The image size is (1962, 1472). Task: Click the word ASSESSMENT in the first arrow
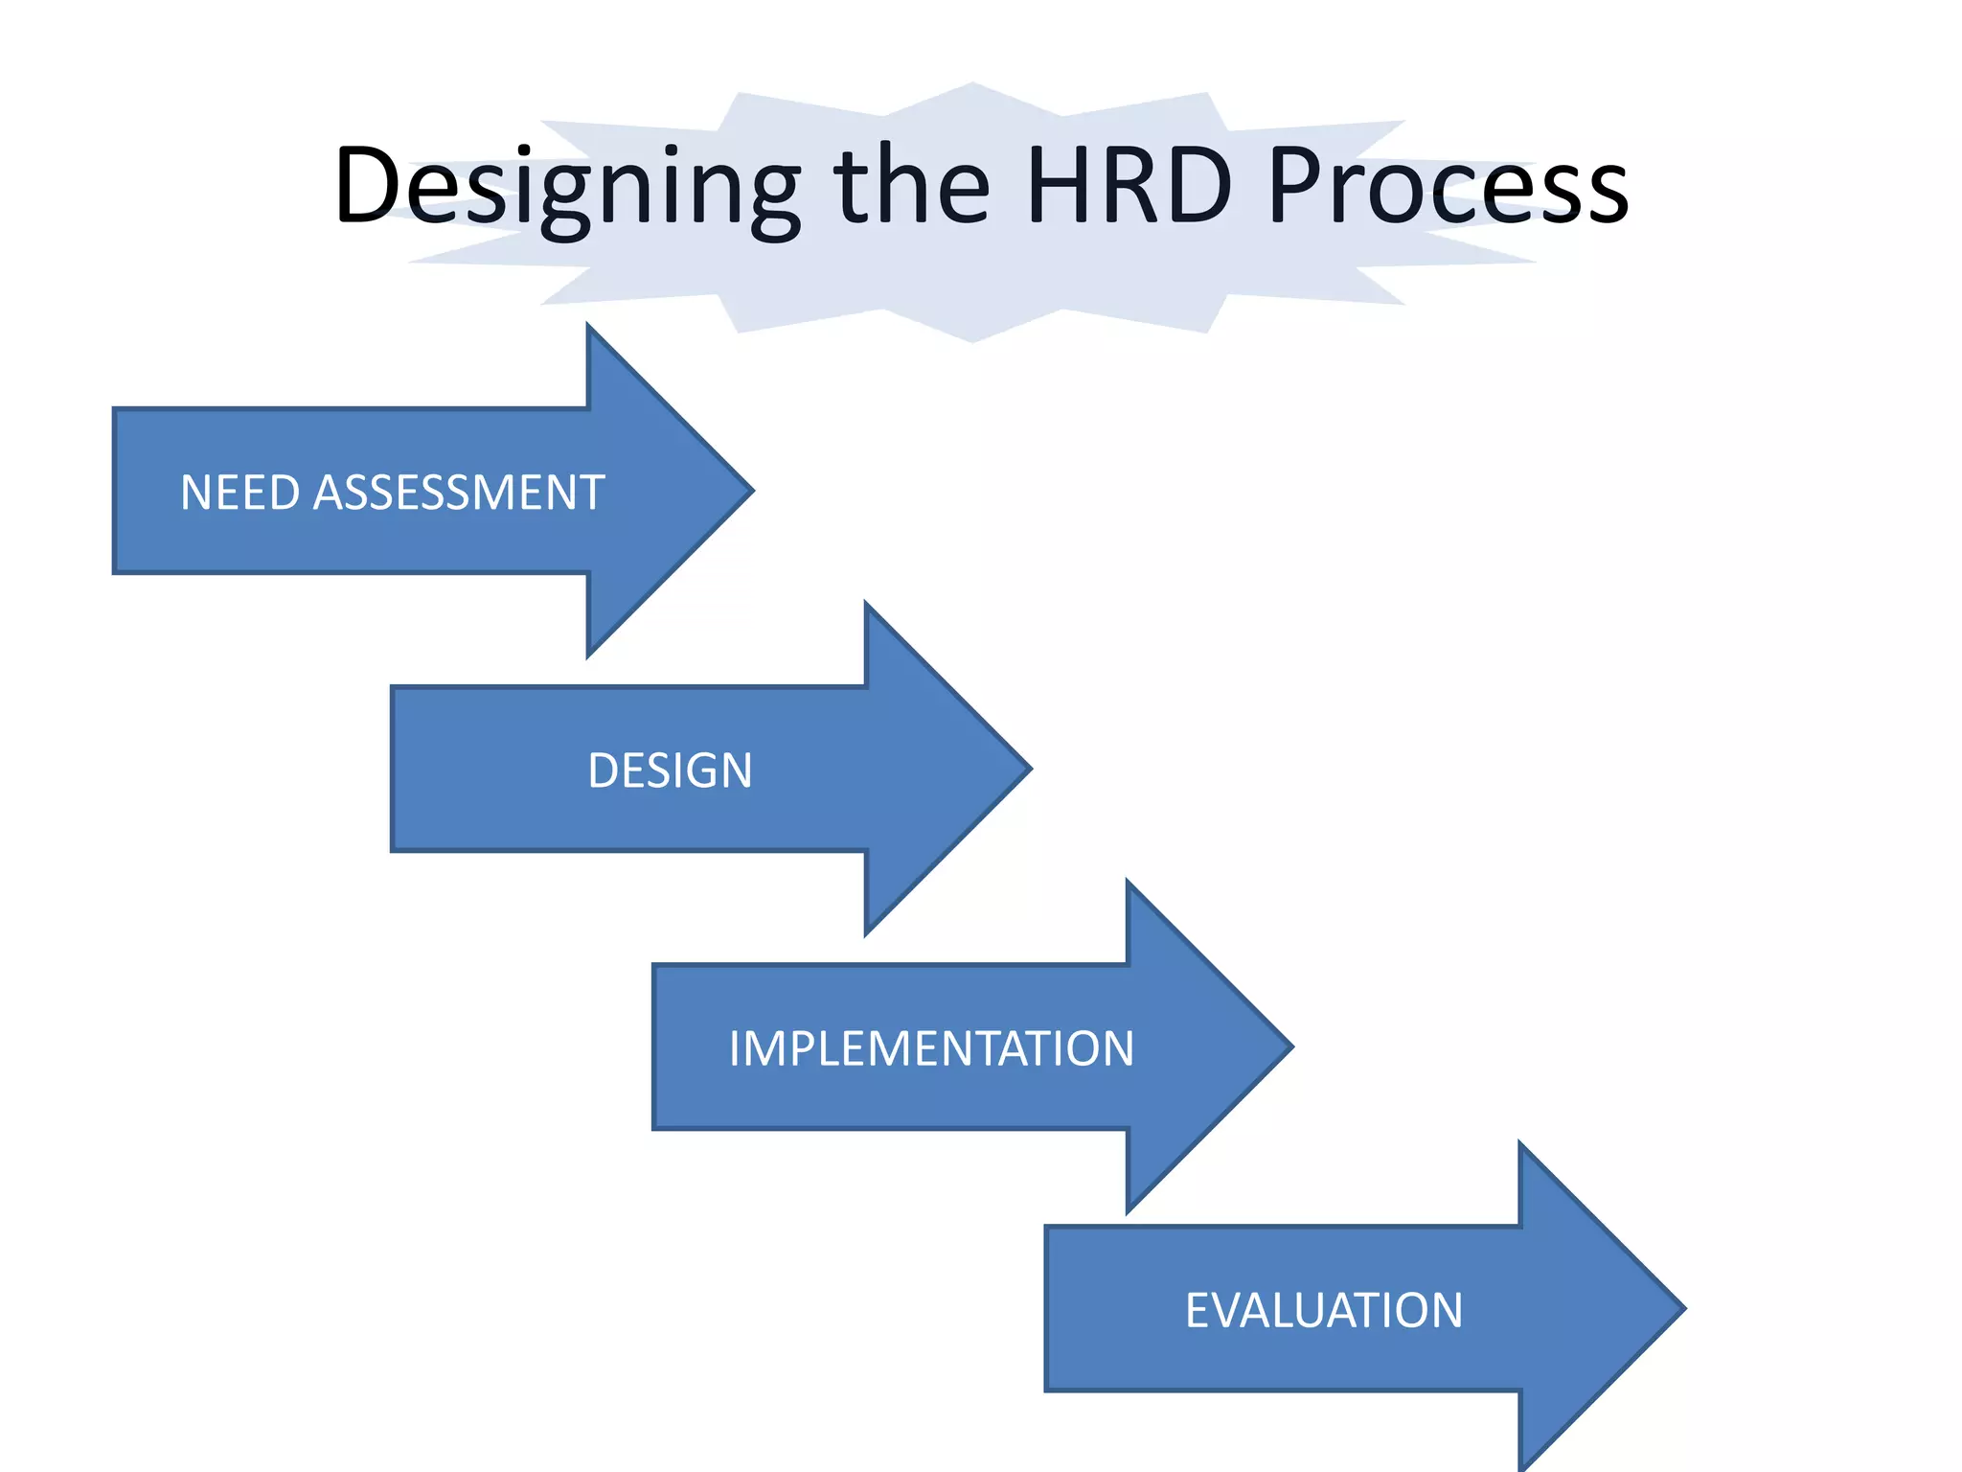pos(459,493)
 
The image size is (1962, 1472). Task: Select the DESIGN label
pos(670,770)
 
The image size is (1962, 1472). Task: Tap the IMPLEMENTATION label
pos(931,1048)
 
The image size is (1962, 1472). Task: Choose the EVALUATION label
pos(1324,1310)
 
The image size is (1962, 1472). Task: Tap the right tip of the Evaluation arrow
pos(1682,1308)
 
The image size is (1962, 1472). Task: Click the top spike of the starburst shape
pos(973,86)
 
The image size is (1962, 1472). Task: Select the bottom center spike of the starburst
pos(973,338)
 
